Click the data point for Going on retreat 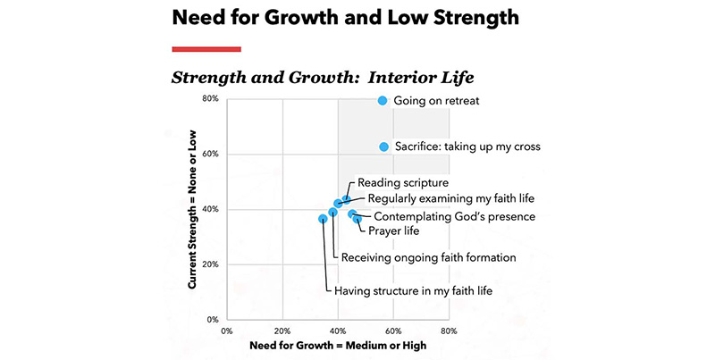(383, 101)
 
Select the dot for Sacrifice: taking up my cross (383, 147)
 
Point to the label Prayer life (394, 231)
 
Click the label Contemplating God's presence (454, 216)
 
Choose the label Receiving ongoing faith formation (429, 257)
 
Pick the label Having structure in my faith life (413, 290)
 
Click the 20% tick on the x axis (282, 330)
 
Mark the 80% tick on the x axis (450, 330)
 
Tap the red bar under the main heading (206, 49)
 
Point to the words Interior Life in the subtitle (412, 76)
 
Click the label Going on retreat (436, 101)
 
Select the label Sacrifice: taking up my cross (467, 147)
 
